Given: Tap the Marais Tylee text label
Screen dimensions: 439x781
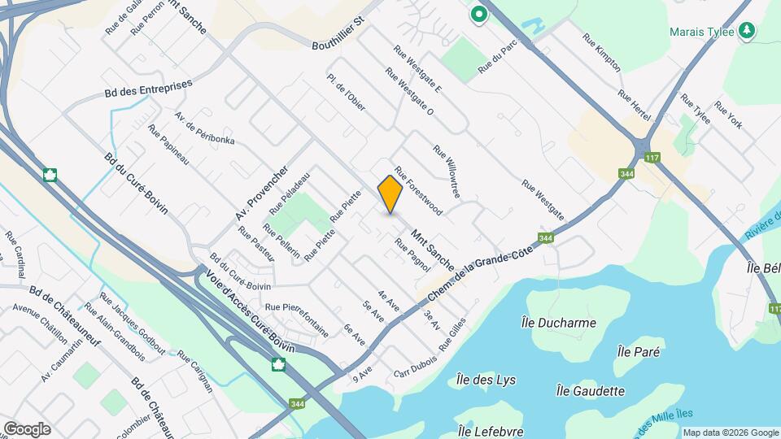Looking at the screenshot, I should [x=701, y=32].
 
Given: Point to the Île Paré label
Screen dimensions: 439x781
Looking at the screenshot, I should [x=639, y=352].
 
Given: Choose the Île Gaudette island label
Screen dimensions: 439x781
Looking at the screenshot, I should [x=590, y=391].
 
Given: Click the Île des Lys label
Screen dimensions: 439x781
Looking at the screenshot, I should [x=486, y=380].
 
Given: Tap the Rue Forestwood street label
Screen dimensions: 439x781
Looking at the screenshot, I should [x=418, y=192].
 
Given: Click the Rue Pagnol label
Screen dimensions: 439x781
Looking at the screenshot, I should [x=412, y=254].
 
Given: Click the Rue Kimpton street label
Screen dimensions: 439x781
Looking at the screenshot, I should [x=602, y=52].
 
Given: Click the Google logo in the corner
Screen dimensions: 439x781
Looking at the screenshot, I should [x=27, y=429].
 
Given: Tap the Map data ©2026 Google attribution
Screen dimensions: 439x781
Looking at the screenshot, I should [x=731, y=432].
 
